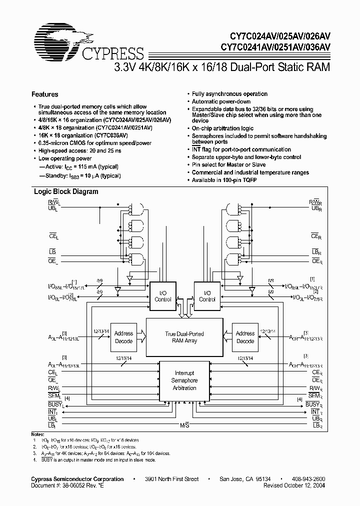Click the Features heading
click(x=45, y=94)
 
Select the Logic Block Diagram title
click(x=66, y=191)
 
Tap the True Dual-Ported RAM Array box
click(x=184, y=337)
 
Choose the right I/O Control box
click(x=207, y=296)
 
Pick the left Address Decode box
click(x=123, y=337)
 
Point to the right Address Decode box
click(x=245, y=337)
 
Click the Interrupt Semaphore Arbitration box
click(x=184, y=380)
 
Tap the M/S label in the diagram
click(x=184, y=425)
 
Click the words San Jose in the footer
click(x=233, y=479)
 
